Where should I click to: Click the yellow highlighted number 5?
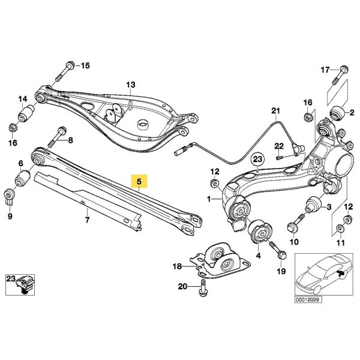[139, 181]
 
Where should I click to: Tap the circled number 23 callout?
[257, 160]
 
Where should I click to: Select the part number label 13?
[131, 85]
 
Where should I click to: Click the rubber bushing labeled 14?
[26, 113]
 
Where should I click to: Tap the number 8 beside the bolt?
[70, 141]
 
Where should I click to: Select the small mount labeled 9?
[9, 196]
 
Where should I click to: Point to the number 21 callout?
[275, 110]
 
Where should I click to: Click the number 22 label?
[278, 146]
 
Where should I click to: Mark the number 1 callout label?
[209, 198]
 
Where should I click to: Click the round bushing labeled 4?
[260, 230]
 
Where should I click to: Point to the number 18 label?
[177, 266]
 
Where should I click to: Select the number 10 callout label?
[294, 242]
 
